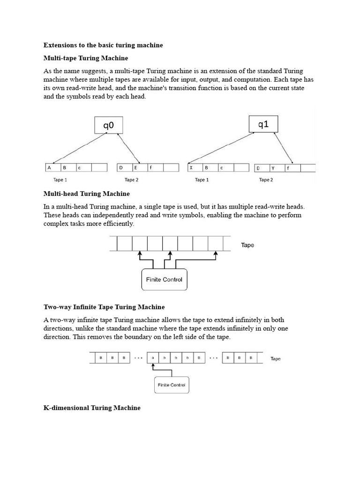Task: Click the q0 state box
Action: (108, 125)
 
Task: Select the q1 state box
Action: (264, 124)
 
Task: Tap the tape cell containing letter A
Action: (52, 167)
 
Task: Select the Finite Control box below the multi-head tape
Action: (164, 280)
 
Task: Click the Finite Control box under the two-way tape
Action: (172, 385)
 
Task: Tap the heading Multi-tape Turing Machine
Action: (86, 58)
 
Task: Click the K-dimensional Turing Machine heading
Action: (92, 408)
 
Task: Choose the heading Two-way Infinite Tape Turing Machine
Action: (104, 307)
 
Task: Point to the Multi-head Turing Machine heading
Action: (87, 193)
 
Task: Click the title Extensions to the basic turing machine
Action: (103, 45)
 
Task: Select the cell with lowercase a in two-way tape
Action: (153, 358)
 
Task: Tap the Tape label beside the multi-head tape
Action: (247, 245)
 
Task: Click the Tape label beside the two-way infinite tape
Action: (276, 359)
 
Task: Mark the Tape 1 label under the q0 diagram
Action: (60, 180)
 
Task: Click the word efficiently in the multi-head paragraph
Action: (119, 224)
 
